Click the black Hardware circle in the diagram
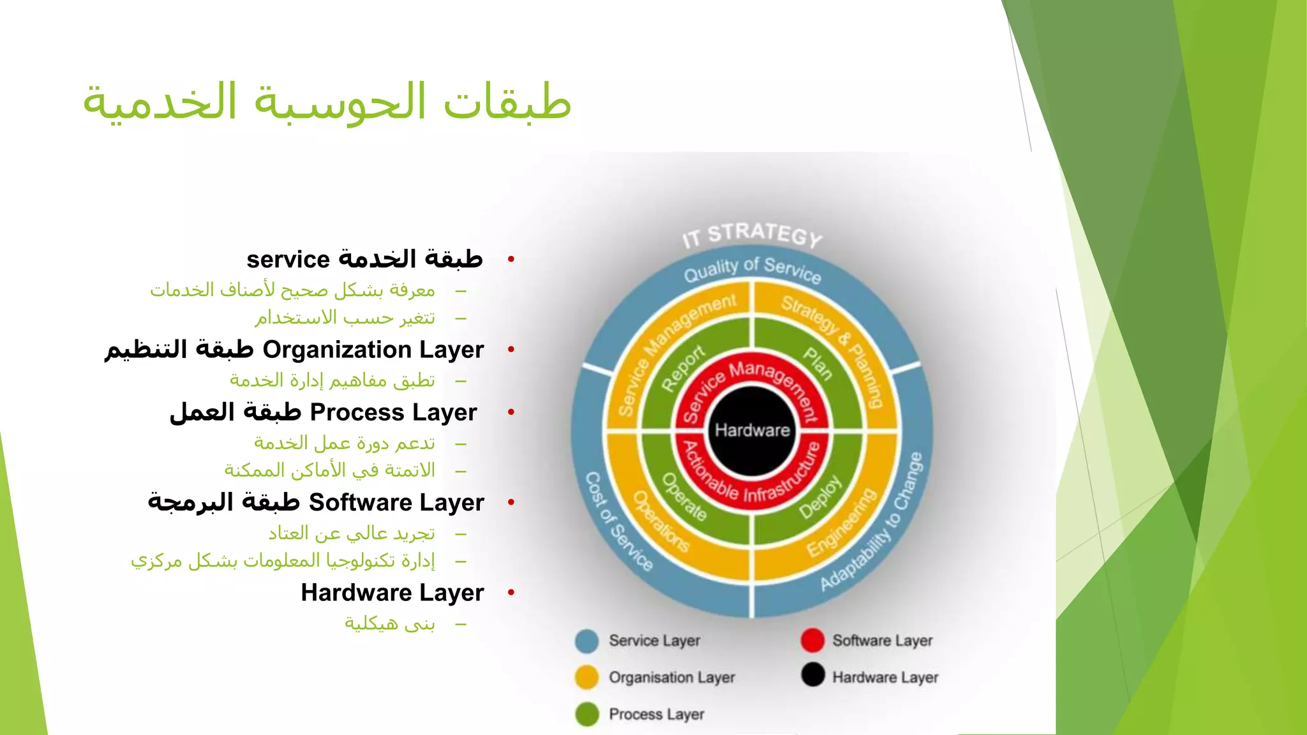click(x=752, y=431)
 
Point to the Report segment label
click(x=683, y=368)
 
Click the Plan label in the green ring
click(x=818, y=364)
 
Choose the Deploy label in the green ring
click(x=821, y=498)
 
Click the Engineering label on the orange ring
click(x=841, y=523)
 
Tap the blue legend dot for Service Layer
click(x=586, y=641)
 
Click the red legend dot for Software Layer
click(x=812, y=641)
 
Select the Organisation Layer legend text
click(x=671, y=677)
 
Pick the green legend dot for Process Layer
click(x=586, y=715)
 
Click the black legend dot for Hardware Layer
click(x=812, y=675)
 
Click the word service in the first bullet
click(x=288, y=260)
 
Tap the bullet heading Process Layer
click(x=392, y=412)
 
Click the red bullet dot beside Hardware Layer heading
click(x=511, y=593)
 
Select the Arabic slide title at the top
click(x=327, y=102)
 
